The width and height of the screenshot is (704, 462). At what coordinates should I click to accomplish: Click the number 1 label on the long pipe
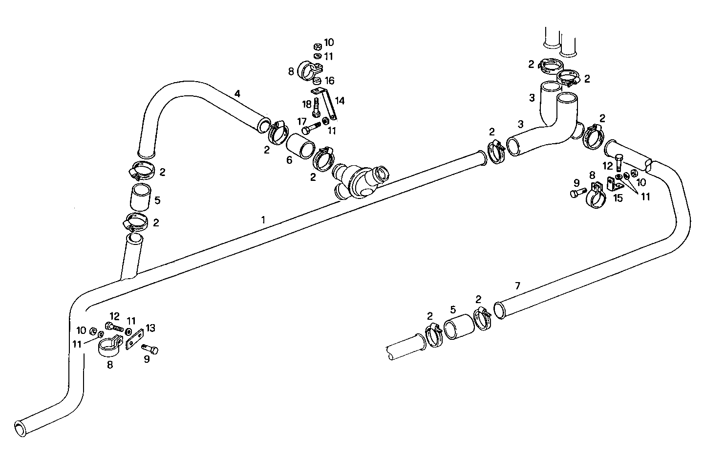pyautogui.click(x=263, y=220)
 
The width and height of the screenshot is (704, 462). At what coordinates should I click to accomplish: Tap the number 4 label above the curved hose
pyautogui.click(x=237, y=93)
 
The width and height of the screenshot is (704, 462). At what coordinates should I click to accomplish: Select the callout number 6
pyautogui.click(x=289, y=160)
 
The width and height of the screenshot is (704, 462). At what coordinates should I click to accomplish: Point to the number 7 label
pyautogui.click(x=518, y=286)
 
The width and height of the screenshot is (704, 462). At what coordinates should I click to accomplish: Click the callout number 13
pyautogui.click(x=150, y=328)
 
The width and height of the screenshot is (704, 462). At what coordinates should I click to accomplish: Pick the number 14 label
pyautogui.click(x=340, y=101)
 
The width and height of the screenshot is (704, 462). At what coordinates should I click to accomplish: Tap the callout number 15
pyautogui.click(x=618, y=198)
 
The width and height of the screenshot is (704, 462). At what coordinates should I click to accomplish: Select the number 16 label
pyautogui.click(x=330, y=80)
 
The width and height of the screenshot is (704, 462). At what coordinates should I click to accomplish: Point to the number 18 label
pyautogui.click(x=307, y=104)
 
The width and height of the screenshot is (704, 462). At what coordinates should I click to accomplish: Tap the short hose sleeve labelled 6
pyautogui.click(x=300, y=145)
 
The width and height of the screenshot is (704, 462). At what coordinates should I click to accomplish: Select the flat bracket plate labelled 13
pyautogui.click(x=133, y=338)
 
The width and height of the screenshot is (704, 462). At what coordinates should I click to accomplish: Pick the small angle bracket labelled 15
pyautogui.click(x=614, y=184)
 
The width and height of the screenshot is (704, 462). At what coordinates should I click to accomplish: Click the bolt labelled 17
pyautogui.click(x=311, y=130)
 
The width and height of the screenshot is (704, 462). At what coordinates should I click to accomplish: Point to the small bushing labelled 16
pyautogui.click(x=317, y=80)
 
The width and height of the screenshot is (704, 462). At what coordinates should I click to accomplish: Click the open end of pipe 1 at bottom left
pyautogui.click(x=20, y=427)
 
